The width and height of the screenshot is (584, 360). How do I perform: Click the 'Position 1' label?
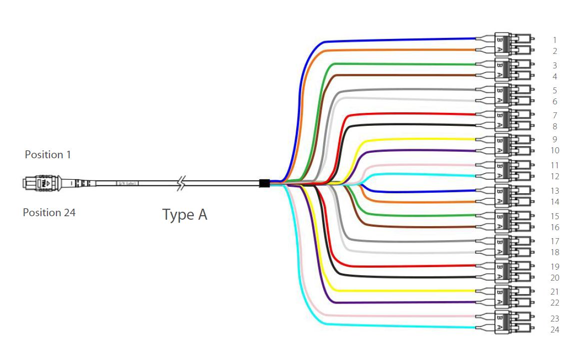[x=48, y=155]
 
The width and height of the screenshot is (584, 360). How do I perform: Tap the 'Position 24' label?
[x=49, y=213]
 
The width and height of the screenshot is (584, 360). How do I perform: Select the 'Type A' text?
[x=184, y=215]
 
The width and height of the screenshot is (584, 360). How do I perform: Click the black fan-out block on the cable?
[x=264, y=183]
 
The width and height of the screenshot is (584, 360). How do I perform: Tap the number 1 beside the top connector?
[x=555, y=39]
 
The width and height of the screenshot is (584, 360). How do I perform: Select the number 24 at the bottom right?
[x=555, y=330]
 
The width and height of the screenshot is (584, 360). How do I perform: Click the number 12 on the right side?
[x=555, y=176]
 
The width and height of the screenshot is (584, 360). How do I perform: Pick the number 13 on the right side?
[x=555, y=191]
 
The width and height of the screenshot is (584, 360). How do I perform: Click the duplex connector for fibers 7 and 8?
[x=505, y=120]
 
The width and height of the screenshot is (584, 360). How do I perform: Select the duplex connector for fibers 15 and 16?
[x=505, y=221]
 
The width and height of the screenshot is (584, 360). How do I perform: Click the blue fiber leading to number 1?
[x=400, y=38]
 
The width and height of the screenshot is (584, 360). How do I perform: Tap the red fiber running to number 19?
[x=400, y=266]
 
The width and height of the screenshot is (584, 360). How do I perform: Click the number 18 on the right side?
[x=555, y=252]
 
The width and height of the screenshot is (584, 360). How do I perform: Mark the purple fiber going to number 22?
[x=400, y=303]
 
